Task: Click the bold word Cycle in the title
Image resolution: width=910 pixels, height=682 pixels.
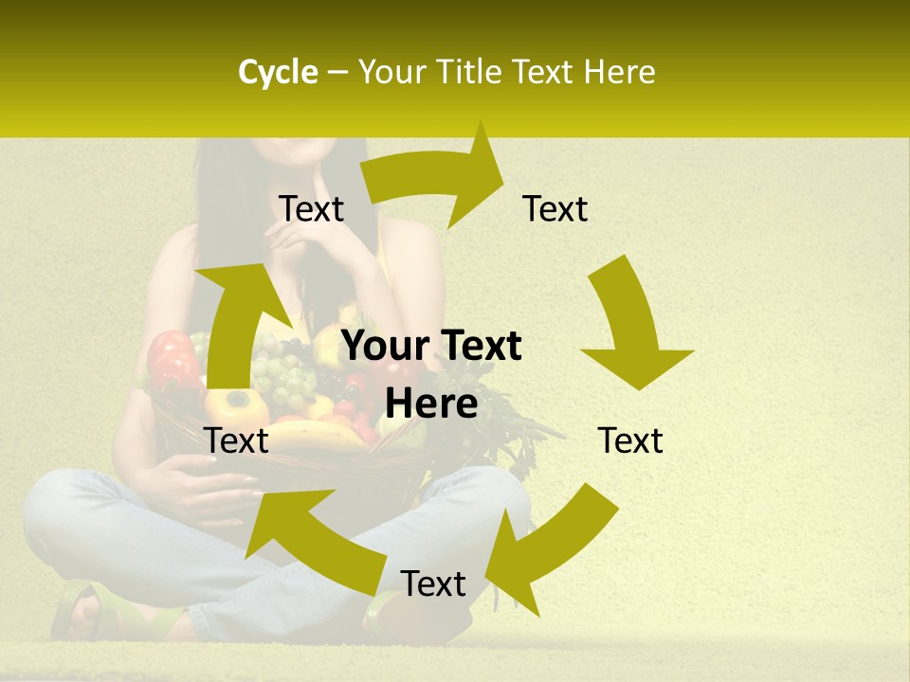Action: point(278,72)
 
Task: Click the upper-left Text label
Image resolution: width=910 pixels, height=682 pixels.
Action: point(311,209)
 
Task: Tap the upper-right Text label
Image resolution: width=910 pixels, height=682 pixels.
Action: point(555,209)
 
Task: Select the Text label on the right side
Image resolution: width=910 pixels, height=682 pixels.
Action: point(630,440)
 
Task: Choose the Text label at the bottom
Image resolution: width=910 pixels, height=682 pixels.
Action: point(433,583)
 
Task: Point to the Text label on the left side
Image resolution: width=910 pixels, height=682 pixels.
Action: point(236,440)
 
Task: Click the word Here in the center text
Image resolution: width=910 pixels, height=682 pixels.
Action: point(431,404)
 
